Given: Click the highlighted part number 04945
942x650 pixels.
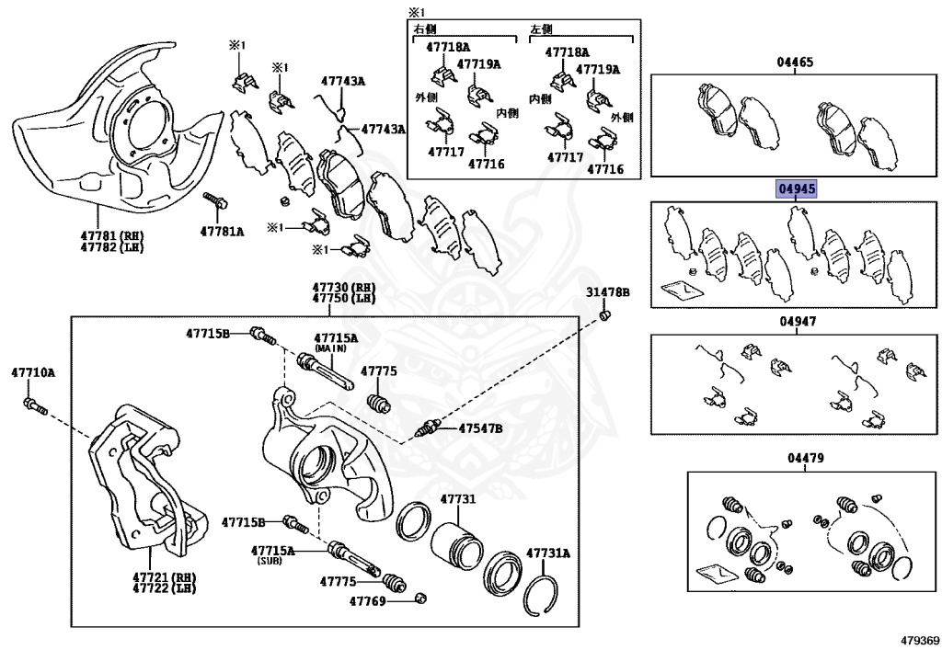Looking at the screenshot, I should pyautogui.click(x=796, y=189).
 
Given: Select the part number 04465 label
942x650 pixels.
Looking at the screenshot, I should pyautogui.click(x=795, y=63).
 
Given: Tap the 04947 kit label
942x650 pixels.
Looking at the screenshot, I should pyautogui.click(x=795, y=322).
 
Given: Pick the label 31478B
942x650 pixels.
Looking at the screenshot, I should pyautogui.click(x=608, y=292).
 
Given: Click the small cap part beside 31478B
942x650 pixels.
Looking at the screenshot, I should pyautogui.click(x=603, y=316).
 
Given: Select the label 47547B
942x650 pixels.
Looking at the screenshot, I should pyautogui.click(x=481, y=428).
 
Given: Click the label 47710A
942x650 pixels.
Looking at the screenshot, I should pyautogui.click(x=33, y=372).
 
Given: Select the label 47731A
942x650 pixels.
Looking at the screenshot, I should pyautogui.click(x=548, y=553).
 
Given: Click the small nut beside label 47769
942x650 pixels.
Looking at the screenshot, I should pyautogui.click(x=420, y=599).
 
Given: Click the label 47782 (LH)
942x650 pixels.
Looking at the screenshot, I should pyautogui.click(x=111, y=247).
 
